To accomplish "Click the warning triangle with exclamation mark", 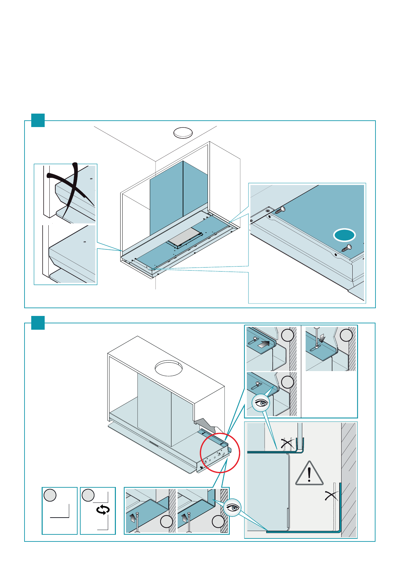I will [x=309, y=474].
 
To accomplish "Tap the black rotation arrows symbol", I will [x=103, y=510].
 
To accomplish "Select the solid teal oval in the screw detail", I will [x=344, y=235].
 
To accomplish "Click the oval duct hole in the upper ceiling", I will [x=183, y=133].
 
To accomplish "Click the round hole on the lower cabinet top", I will [x=169, y=368].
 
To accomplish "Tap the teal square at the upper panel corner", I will [x=38, y=120].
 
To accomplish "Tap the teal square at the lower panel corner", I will [x=38, y=323].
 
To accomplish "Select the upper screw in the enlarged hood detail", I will [x=280, y=210].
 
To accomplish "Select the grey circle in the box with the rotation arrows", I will [x=88, y=495].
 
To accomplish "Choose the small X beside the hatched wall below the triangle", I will [x=331, y=495].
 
